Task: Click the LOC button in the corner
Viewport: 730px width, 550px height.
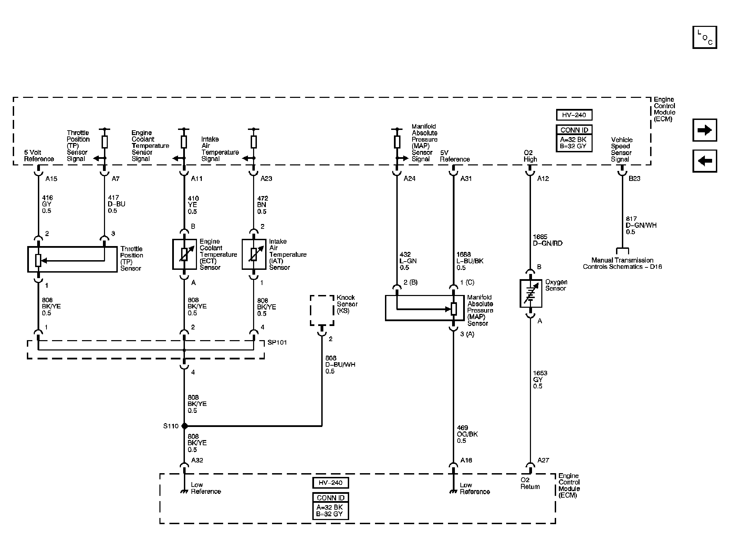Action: [705, 37]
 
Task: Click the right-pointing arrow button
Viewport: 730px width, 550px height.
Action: [705, 130]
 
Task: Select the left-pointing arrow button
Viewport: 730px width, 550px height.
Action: [705, 161]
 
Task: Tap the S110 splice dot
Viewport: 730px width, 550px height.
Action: [184, 426]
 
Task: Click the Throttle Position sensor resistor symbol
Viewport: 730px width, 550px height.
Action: [38, 260]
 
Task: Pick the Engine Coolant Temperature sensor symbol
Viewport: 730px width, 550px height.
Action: [184, 254]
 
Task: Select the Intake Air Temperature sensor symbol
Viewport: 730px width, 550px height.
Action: [254, 254]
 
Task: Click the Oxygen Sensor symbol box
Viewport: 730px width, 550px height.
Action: [530, 293]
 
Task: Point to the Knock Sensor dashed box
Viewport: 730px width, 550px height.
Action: [322, 310]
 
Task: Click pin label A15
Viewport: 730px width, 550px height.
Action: [51, 179]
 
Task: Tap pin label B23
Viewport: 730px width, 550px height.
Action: [634, 179]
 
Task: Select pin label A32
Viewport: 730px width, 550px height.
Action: [197, 460]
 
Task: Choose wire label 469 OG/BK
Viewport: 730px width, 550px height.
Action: [467, 434]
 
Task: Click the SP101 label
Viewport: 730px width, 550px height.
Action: [277, 343]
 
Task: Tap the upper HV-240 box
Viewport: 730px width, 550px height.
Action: [574, 115]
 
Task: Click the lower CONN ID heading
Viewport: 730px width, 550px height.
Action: [330, 498]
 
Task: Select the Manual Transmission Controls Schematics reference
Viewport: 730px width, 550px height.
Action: [622, 263]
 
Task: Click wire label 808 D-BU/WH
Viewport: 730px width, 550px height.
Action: [340, 365]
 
